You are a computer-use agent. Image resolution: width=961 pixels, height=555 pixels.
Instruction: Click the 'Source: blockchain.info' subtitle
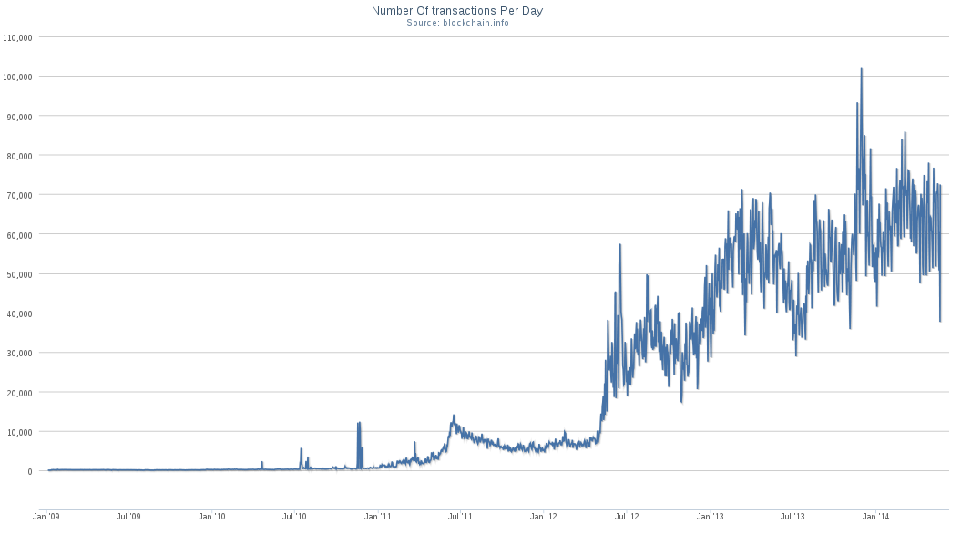pyautogui.click(x=457, y=22)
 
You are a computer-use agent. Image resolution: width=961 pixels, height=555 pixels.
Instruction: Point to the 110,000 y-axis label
pyautogui.click(x=19, y=37)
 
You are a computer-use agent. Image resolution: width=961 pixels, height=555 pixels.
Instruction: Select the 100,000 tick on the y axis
pyautogui.click(x=19, y=77)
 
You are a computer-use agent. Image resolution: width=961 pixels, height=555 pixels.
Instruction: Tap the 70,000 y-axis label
pyautogui.click(x=21, y=195)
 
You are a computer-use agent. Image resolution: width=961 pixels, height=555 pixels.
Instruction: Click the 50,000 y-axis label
pyautogui.click(x=21, y=273)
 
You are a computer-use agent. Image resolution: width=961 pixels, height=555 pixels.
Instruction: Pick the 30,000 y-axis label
pyautogui.click(x=21, y=353)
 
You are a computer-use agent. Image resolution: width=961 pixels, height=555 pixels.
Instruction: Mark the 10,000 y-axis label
pyautogui.click(x=21, y=431)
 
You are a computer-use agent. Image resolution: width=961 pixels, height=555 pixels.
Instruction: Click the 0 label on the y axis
pyautogui.click(x=30, y=471)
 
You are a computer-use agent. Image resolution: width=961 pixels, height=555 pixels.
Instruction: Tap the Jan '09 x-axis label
pyautogui.click(x=46, y=517)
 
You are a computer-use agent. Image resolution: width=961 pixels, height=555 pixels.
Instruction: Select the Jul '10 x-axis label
pyautogui.click(x=294, y=517)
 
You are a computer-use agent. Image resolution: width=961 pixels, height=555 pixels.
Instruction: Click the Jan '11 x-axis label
pyautogui.click(x=378, y=517)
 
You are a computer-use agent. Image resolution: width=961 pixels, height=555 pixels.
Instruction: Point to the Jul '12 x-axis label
pyautogui.click(x=627, y=517)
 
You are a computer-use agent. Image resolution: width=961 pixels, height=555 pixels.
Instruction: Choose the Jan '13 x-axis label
pyautogui.click(x=711, y=517)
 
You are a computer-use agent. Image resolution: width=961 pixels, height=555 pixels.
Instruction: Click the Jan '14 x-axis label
pyautogui.click(x=876, y=517)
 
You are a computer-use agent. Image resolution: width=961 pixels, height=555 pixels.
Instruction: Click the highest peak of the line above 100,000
pyautogui.click(x=861, y=69)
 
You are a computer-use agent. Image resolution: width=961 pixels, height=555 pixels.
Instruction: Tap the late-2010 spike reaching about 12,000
pyautogui.click(x=359, y=423)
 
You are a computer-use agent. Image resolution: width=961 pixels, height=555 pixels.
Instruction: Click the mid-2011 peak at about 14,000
pyautogui.click(x=453, y=416)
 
